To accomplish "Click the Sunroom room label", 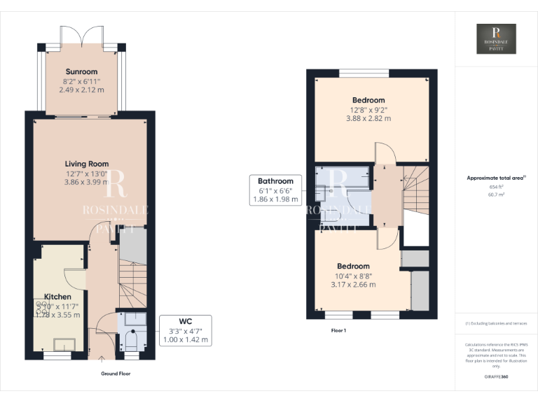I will [81, 71].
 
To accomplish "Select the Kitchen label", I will [57, 297].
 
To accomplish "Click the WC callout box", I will [186, 330].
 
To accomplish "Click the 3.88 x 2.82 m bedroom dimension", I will [368, 118].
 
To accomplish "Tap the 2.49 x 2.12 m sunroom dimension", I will [81, 90].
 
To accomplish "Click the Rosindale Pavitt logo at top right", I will [496, 39].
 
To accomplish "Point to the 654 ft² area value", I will [496, 187].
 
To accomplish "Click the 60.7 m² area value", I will [496, 195].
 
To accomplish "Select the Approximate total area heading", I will [496, 178].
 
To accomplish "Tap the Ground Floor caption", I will [116, 374].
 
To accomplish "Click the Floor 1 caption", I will [339, 330].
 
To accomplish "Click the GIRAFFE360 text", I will [495, 377].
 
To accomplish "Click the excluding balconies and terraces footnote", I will [495, 323].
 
